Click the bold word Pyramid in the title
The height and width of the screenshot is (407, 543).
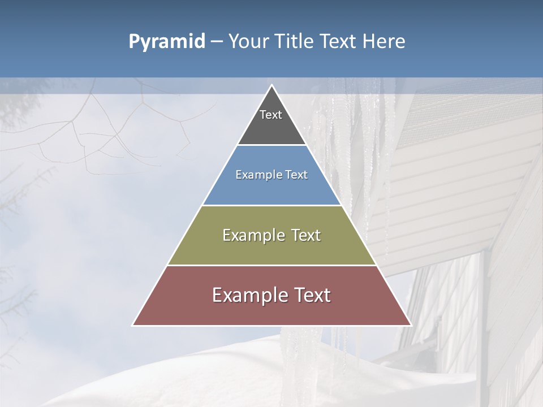(x=167, y=42)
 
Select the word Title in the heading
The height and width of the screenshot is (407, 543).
(x=294, y=42)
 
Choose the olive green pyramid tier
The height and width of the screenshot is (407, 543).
(x=271, y=249)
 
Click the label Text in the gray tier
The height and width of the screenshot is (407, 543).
(x=271, y=115)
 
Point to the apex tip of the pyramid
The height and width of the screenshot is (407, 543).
(x=272, y=85)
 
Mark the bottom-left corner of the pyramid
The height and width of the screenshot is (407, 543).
(x=133, y=325)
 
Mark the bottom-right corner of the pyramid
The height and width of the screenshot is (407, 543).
(x=411, y=325)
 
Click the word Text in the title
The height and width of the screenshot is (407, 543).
(x=339, y=42)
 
